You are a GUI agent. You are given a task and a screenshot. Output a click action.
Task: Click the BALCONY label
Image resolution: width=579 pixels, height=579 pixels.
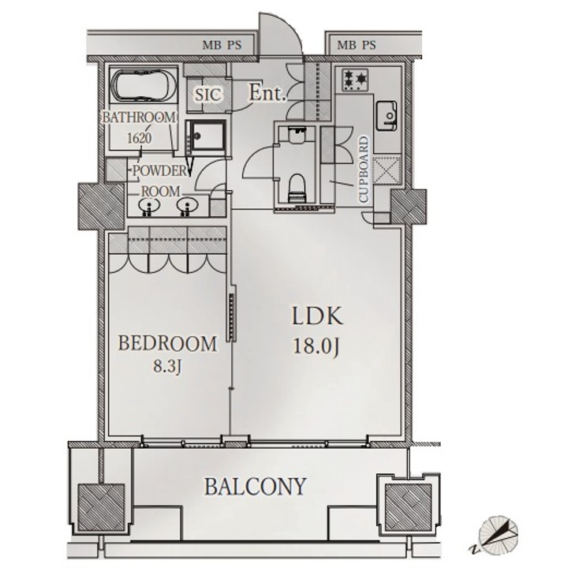pyautogui.click(x=255, y=486)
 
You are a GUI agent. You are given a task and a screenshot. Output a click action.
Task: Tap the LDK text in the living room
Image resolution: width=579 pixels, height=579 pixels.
pyautogui.click(x=317, y=317)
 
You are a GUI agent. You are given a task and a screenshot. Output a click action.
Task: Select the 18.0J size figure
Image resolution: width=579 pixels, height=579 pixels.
pyautogui.click(x=317, y=347)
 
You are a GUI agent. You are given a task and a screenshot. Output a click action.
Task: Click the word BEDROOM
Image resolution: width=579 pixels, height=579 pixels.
pyautogui.click(x=167, y=343)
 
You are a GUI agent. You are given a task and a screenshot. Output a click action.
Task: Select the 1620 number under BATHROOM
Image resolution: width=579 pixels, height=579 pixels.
pyautogui.click(x=140, y=136)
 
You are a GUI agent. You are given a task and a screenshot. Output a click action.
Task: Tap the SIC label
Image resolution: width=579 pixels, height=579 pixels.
pyautogui.click(x=207, y=94)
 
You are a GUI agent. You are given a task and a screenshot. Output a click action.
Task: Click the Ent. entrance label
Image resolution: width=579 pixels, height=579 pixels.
pyautogui.click(x=266, y=92)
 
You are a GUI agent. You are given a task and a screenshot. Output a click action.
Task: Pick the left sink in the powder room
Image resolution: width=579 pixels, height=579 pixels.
pyautogui.click(x=147, y=207)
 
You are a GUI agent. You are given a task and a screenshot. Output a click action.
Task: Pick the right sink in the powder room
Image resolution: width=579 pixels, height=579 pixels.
pyautogui.click(x=186, y=207)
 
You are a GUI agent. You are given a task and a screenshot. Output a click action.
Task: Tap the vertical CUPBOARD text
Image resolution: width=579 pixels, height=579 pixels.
pyautogui.click(x=364, y=170)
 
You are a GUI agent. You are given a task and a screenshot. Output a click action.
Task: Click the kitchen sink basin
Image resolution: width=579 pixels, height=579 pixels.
pyautogui.click(x=387, y=115)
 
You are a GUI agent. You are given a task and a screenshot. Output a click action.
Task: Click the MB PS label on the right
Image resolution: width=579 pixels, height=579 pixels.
pyautogui.click(x=357, y=45)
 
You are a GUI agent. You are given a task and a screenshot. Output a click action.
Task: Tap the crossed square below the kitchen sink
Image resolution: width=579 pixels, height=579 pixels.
pyautogui.click(x=387, y=171)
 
